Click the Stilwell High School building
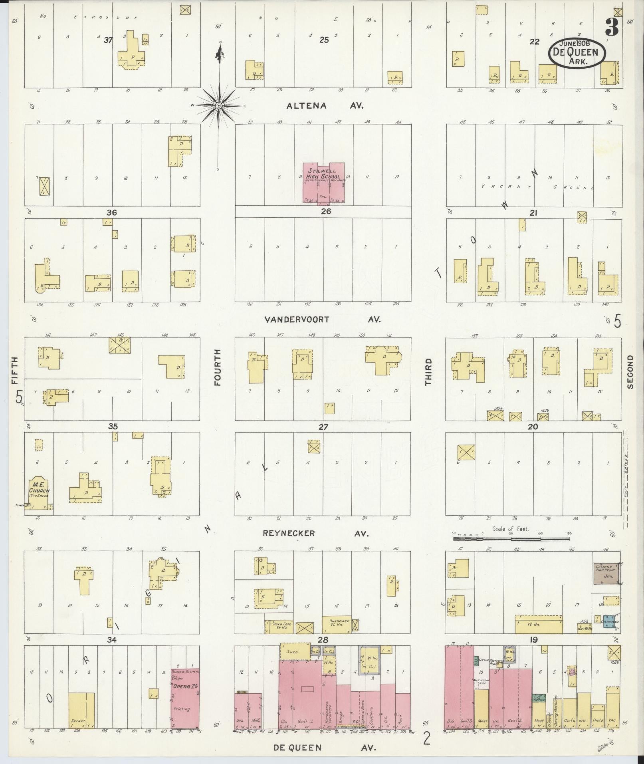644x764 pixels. point(324,182)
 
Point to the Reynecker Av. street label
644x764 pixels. point(315,533)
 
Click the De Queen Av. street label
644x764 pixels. point(325,748)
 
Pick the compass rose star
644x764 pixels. point(219,105)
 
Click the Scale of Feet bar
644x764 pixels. point(511,539)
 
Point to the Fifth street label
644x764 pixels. point(15,370)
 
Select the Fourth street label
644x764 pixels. point(218,367)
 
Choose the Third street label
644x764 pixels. point(428,372)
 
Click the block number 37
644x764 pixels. point(108,40)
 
